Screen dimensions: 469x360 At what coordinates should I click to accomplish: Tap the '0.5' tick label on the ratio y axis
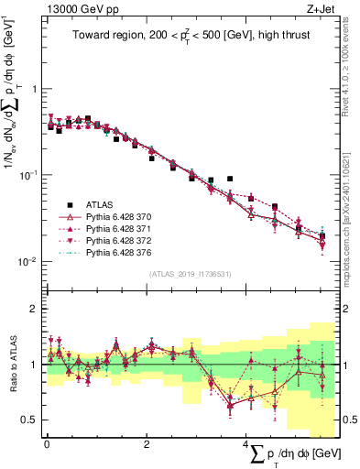click(x=31, y=420)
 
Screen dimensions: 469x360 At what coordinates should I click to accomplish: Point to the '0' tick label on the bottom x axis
click(x=47, y=443)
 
